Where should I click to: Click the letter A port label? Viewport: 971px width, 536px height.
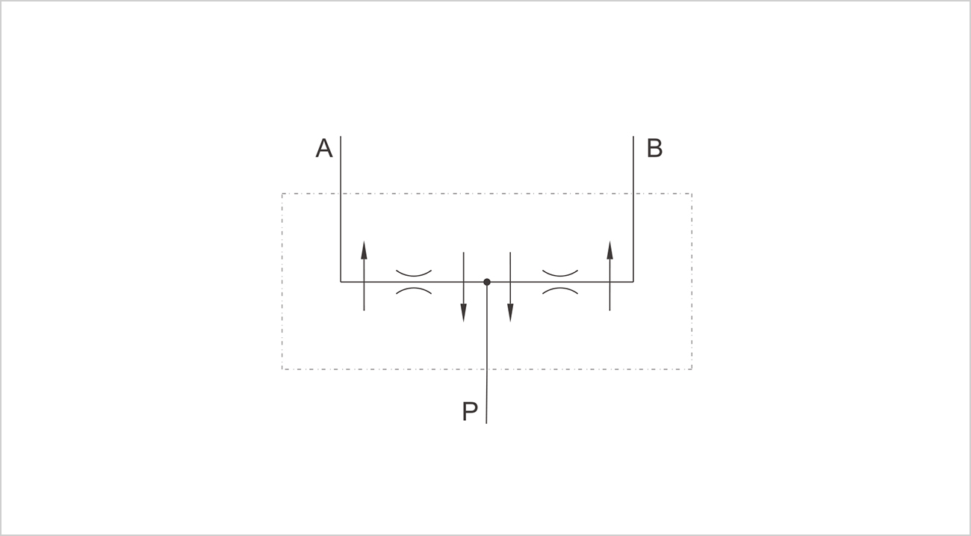[x=324, y=149]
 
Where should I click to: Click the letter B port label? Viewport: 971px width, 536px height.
[x=654, y=149]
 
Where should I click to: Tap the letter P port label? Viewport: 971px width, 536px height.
[x=470, y=411]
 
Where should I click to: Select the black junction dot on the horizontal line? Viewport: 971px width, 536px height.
[x=487, y=282]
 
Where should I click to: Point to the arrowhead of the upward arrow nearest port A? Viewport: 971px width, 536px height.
[x=364, y=250]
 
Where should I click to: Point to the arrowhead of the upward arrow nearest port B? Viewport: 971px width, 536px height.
[x=610, y=250]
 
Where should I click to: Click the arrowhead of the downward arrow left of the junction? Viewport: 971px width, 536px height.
[x=463, y=313]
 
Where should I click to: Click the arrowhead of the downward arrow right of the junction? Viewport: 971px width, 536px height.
[x=510, y=313]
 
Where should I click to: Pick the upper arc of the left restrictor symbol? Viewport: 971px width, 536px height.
[x=414, y=275]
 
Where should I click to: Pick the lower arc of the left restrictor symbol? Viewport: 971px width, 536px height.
[x=414, y=289]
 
